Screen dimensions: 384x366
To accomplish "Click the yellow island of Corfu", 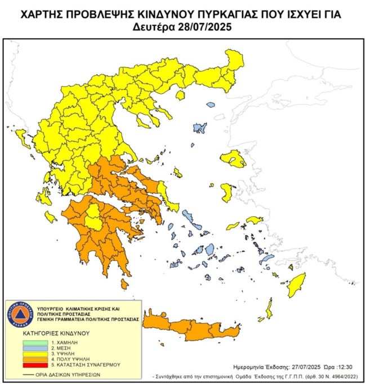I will click(23, 138).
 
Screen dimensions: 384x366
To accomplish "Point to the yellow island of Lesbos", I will click(234, 159).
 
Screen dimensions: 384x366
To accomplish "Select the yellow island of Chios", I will click(227, 192).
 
